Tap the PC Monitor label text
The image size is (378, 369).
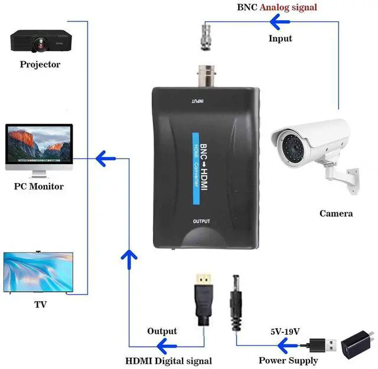tap(38, 187)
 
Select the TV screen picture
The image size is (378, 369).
tap(38, 272)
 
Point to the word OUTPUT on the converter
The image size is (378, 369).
tap(201, 221)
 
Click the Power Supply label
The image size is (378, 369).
tap(288, 360)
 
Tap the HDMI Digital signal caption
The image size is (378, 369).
tap(169, 360)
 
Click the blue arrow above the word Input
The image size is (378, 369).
tap(281, 22)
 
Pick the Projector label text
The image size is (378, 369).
tap(40, 64)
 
